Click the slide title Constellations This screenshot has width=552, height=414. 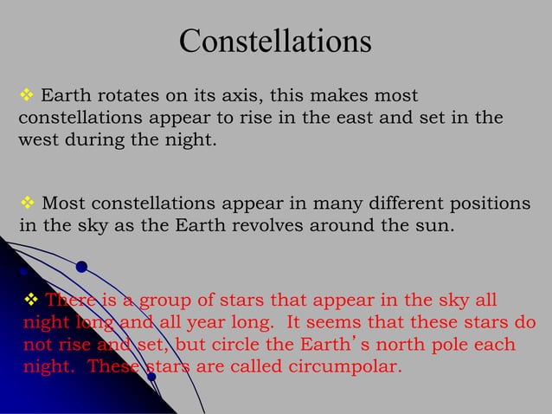point(275,41)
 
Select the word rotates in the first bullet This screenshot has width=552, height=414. point(120,94)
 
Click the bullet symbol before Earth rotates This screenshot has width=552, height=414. point(26,94)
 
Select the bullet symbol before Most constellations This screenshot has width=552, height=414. point(26,204)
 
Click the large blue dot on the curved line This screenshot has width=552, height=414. point(81,266)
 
